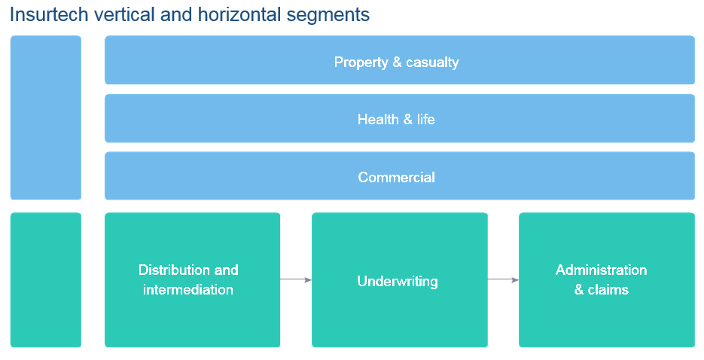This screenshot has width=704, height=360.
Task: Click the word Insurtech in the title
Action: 49,14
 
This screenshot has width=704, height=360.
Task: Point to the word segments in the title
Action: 328,16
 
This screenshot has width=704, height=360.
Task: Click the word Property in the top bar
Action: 361,63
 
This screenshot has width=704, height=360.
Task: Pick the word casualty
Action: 432,63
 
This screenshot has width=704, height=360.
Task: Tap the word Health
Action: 378,120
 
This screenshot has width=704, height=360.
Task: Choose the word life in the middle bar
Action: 426,120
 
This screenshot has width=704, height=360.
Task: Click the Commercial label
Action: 397,177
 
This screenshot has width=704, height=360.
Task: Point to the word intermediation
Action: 188,289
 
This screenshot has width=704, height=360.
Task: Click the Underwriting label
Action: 398,282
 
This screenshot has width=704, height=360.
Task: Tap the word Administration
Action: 601,270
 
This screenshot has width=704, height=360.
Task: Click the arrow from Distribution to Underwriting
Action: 296,279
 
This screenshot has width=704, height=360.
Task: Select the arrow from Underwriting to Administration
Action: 503,279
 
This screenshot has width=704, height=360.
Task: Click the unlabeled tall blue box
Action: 46,117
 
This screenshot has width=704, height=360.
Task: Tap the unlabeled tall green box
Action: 46,279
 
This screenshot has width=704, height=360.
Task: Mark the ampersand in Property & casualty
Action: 397,62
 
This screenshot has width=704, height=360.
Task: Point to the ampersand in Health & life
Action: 407,120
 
